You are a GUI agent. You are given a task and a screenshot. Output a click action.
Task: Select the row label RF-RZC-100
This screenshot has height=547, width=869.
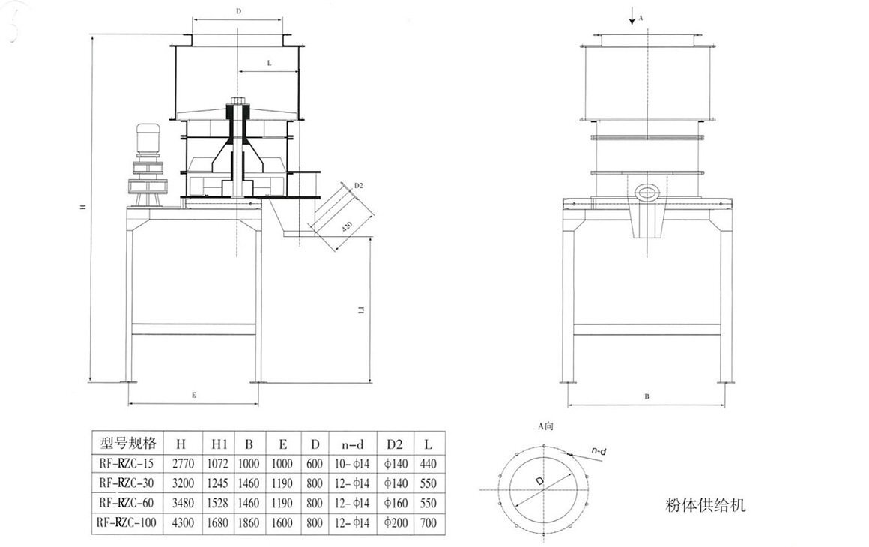[x=127, y=522]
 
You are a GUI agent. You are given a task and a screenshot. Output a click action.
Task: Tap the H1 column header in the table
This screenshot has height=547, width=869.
[x=219, y=443]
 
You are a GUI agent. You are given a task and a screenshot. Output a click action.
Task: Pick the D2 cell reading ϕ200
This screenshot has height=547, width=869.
[x=396, y=522]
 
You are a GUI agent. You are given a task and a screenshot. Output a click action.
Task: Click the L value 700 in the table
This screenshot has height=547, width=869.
[x=428, y=522]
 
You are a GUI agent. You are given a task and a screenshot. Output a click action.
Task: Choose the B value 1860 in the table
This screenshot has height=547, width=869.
[x=249, y=522]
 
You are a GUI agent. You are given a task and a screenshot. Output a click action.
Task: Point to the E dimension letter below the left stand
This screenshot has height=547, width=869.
[x=194, y=394]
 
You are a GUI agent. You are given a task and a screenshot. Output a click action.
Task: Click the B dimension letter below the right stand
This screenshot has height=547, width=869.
[x=647, y=397]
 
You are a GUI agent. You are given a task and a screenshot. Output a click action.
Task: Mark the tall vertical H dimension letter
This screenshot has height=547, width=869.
[x=84, y=210]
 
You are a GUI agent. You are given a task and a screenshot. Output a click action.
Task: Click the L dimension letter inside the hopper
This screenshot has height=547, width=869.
[x=269, y=64]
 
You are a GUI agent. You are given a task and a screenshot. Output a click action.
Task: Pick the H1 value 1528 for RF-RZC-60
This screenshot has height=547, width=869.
[x=219, y=502]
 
